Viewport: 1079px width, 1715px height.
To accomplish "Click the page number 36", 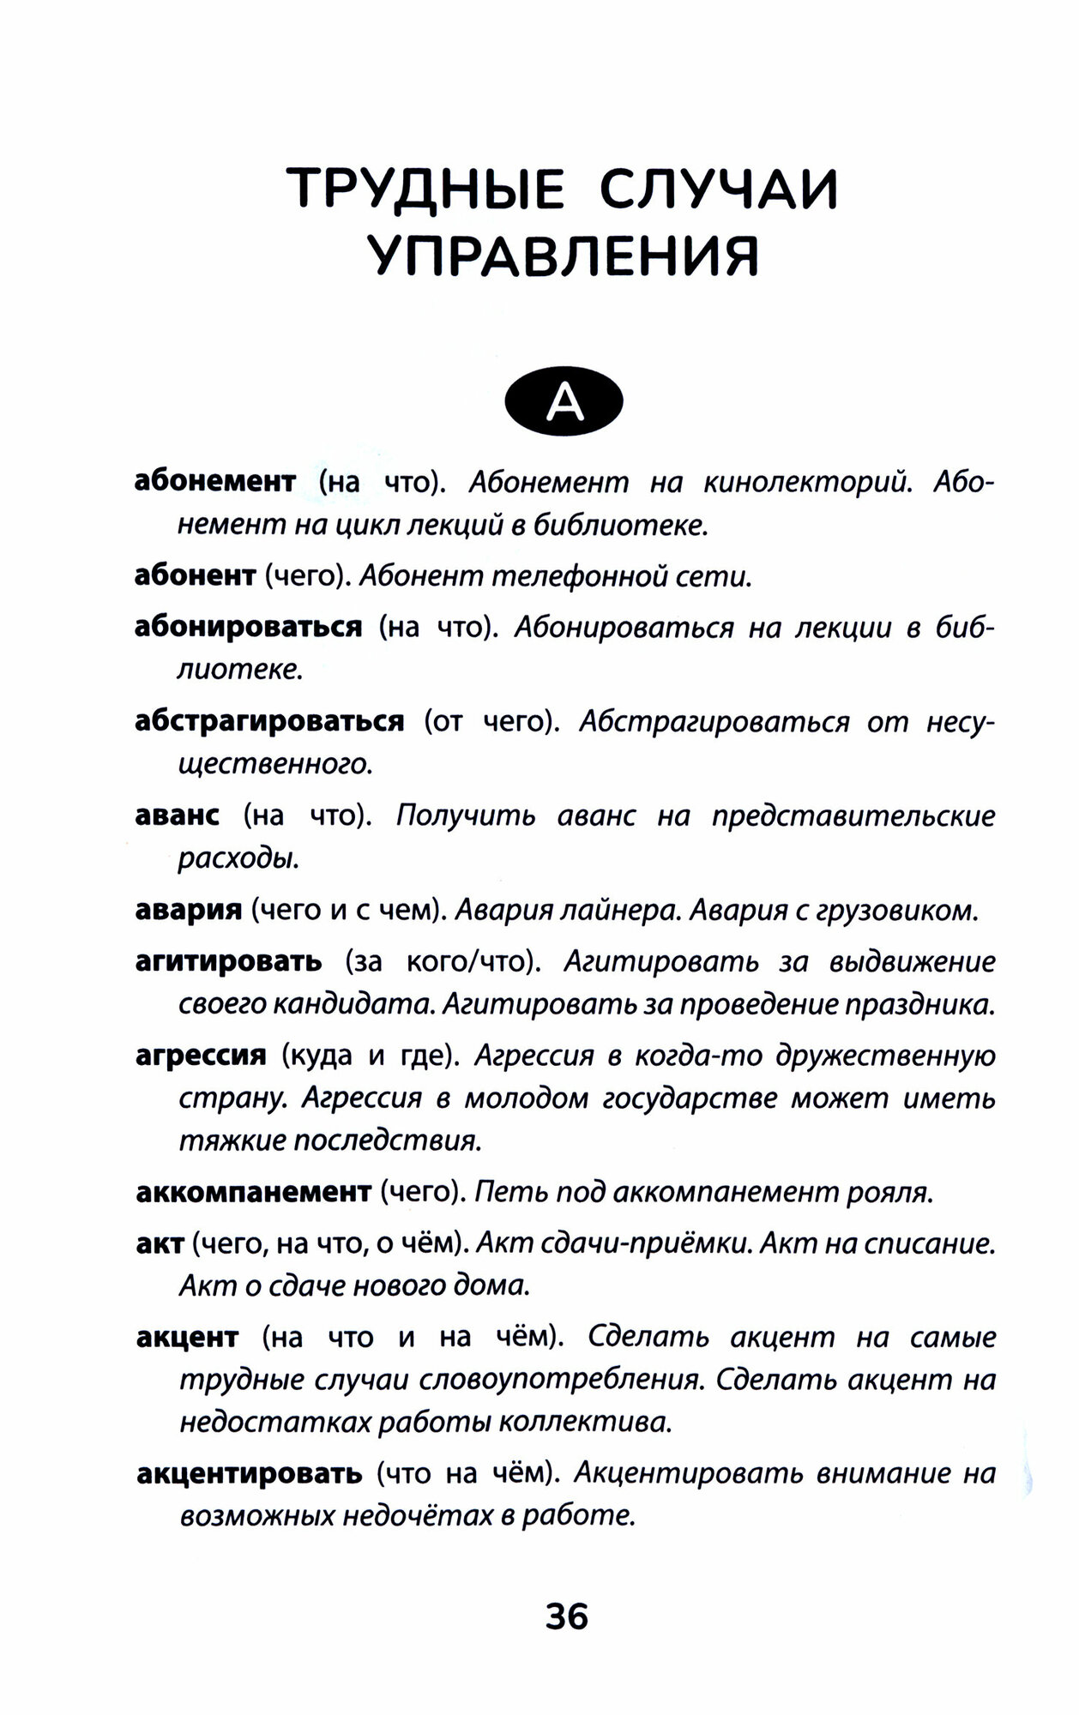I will click(566, 1617).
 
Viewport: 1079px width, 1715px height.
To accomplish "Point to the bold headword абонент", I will click(196, 575).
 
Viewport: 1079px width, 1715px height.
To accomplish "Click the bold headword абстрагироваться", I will click(269, 721).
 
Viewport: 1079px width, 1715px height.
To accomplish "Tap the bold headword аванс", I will click(178, 815).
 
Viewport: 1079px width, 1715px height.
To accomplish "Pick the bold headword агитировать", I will click(229, 961).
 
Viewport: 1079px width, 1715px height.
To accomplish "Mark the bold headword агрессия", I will click(201, 1056).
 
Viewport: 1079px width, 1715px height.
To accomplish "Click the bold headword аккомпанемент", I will click(253, 1192).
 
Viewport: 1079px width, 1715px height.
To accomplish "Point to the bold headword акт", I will click(160, 1243).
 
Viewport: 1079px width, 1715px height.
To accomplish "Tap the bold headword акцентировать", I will click(250, 1474).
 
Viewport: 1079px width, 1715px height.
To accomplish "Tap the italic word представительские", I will click(853, 815).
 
